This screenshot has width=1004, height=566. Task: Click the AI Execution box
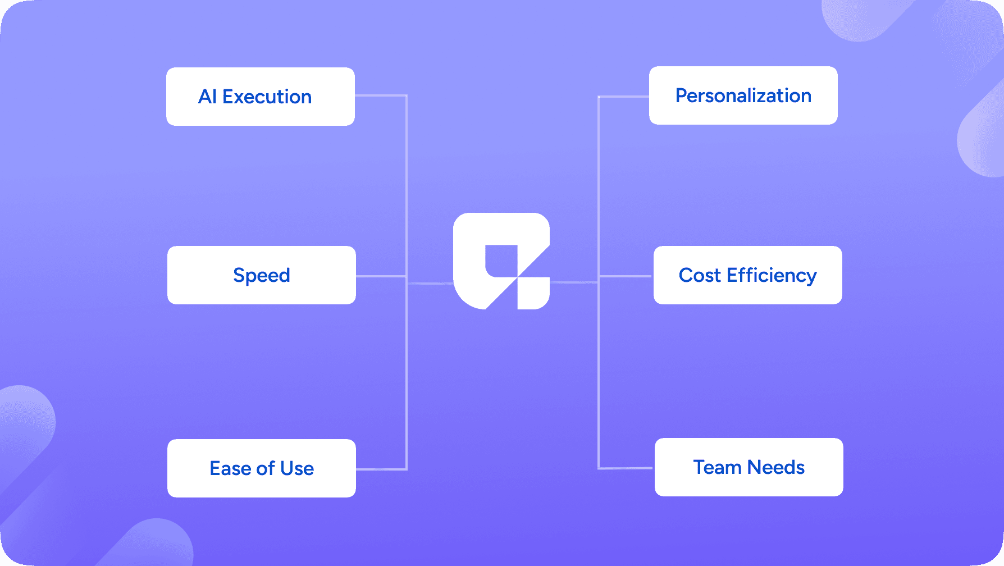261,97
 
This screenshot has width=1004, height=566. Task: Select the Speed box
262,275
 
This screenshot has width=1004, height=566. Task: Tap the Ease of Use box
262,468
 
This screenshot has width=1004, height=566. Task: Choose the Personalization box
743,95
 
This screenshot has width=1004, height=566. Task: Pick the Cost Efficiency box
748,275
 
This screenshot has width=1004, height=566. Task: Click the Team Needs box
749,467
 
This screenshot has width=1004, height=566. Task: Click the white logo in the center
501,261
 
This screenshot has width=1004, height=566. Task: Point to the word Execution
267,97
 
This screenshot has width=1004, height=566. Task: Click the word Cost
700,275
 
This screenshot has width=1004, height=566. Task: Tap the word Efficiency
772,276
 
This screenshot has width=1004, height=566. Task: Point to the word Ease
230,468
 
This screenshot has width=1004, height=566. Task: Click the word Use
297,468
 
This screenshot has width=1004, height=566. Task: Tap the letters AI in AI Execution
207,97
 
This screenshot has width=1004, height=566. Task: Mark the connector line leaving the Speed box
381,276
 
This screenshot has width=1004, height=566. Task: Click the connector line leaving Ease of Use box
381,469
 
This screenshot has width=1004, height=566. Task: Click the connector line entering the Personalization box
623,97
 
